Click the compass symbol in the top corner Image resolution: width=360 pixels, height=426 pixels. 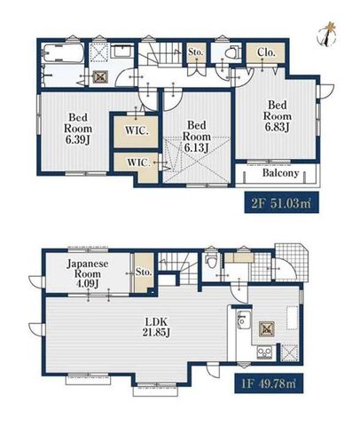tap(327, 34)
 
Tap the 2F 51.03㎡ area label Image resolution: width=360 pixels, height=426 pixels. tap(281, 202)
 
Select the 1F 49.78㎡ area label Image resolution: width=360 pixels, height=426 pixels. tap(269, 383)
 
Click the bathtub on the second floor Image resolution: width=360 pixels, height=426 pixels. tap(62, 53)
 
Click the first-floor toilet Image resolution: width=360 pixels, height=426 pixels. tap(210, 260)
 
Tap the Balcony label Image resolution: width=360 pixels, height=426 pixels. tap(280, 173)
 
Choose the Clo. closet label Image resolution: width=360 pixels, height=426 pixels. tap(266, 52)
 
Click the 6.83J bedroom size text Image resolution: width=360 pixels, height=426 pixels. tap(277, 127)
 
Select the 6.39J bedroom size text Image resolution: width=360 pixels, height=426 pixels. tap(78, 139)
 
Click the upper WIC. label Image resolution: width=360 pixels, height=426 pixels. tap(137, 130)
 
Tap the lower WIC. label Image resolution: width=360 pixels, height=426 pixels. tap(138, 162)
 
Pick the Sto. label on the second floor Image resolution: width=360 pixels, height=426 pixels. tap(196, 52)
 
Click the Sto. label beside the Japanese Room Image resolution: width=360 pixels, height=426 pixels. tap(144, 272)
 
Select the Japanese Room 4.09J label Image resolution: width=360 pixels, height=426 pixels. tap(88, 273)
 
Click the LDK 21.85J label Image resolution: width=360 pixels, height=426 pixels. tap(156, 327)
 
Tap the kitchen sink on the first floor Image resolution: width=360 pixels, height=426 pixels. tap(244, 319)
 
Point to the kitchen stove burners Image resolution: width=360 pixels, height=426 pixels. tap(264, 352)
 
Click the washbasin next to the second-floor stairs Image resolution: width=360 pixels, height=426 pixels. tap(121, 51)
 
